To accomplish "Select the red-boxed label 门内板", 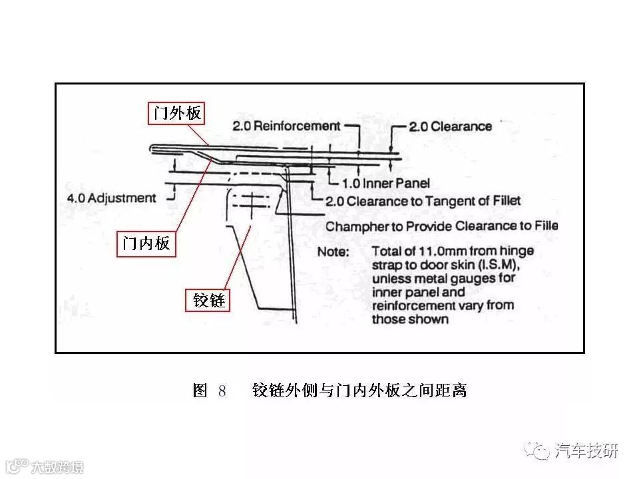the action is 144,243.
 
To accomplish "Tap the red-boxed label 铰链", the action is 207,301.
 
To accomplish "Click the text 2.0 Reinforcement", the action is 286,126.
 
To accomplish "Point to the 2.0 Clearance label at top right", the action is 451,126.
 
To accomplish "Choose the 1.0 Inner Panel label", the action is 386,183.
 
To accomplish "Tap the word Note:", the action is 332,252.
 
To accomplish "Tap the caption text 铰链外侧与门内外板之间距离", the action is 359,391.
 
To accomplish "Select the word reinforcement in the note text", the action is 411,306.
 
